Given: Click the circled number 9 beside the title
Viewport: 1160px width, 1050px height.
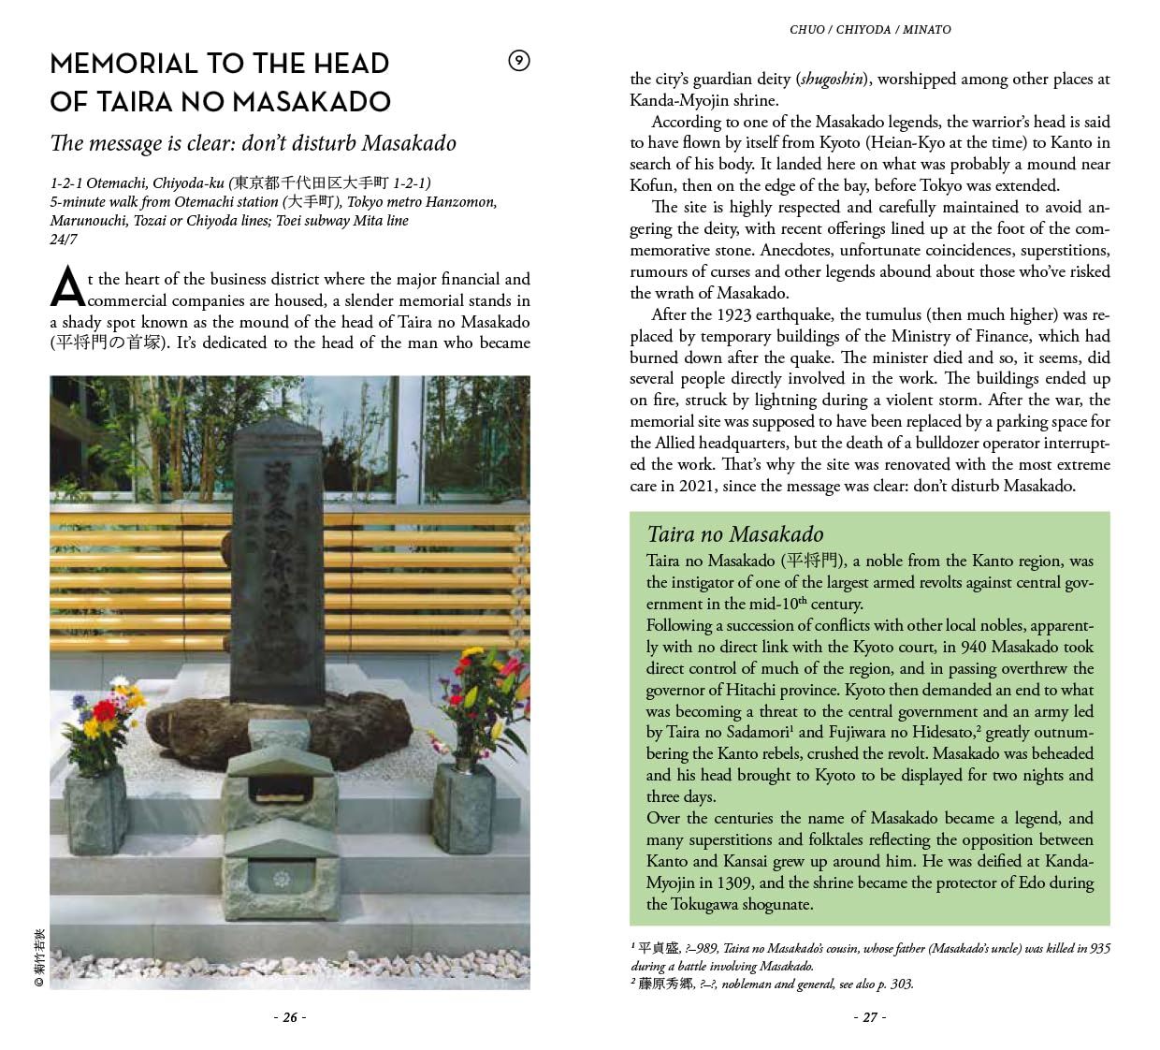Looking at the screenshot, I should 518,62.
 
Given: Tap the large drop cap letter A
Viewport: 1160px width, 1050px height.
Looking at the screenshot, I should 66,287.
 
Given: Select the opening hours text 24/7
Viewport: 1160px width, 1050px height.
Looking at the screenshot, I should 64,240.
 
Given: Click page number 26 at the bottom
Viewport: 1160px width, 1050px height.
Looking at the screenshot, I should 289,1017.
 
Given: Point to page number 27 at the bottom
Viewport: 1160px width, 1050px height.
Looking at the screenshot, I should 869,1017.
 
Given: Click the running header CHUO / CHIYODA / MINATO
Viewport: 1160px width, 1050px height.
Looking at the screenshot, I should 870,30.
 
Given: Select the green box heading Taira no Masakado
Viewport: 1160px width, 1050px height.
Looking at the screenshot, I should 734,534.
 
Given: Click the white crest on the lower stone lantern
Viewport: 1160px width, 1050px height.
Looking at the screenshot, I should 281,879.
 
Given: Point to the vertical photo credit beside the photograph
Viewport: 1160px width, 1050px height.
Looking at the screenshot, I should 38,955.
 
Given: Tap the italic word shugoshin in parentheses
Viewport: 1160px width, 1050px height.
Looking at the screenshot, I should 830,80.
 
